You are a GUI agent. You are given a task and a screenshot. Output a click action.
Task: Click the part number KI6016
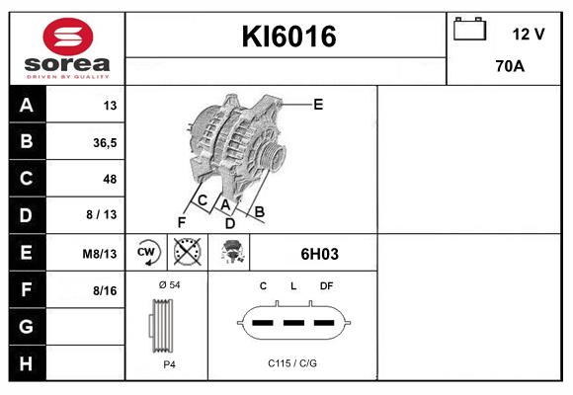point(289,37)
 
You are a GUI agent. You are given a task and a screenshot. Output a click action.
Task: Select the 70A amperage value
point(510,68)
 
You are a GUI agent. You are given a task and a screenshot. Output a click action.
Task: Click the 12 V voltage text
point(528,34)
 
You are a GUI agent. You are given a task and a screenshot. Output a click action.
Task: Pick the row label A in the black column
point(27,106)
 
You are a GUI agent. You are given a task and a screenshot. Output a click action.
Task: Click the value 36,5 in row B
point(104,142)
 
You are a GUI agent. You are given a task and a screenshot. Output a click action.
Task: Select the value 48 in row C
point(109,179)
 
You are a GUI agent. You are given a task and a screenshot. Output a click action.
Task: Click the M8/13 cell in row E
point(100,253)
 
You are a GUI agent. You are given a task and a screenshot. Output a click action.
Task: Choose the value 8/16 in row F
point(105,289)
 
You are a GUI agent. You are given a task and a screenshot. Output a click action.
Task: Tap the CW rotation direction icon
point(146,253)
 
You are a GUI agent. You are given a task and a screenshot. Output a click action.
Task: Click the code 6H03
point(319,254)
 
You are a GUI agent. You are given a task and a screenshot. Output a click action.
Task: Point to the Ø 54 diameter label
point(168,284)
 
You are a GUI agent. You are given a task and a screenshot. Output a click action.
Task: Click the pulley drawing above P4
point(165,324)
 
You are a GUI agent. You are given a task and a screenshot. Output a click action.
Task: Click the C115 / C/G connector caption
point(292,363)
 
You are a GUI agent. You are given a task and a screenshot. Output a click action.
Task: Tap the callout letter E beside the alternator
point(318,104)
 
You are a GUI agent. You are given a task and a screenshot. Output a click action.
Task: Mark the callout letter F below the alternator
point(182,221)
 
